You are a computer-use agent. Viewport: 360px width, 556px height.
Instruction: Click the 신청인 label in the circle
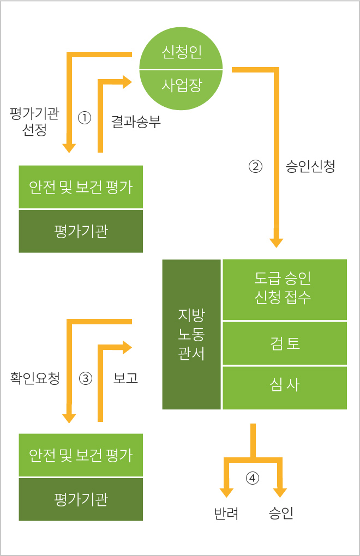(182, 52)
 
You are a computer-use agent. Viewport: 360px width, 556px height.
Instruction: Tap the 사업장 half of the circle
(181, 89)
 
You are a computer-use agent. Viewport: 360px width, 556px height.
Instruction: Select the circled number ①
(85, 118)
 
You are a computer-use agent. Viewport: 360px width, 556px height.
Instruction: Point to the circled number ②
(255, 166)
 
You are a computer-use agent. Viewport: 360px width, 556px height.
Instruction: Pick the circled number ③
(86, 378)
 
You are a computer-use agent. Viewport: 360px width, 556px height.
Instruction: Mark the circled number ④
(252, 479)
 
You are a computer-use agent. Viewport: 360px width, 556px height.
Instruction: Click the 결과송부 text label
(136, 121)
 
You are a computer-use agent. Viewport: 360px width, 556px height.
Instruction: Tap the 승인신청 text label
(310, 166)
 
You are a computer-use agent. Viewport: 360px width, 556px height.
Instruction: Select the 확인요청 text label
(35, 378)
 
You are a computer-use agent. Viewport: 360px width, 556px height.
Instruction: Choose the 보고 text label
(125, 378)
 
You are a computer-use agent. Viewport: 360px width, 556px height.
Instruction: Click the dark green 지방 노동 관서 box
(191, 334)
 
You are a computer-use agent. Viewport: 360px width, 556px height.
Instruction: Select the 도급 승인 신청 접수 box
(285, 289)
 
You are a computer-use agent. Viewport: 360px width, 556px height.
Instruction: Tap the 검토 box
(285, 343)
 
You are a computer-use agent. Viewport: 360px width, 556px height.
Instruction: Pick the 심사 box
(285, 388)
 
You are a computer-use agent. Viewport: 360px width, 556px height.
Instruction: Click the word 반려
(226, 513)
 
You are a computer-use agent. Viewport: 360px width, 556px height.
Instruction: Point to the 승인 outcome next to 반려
(281, 513)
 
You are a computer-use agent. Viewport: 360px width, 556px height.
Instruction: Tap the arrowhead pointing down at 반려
(226, 493)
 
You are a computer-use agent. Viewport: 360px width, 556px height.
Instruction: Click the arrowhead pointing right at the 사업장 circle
(127, 82)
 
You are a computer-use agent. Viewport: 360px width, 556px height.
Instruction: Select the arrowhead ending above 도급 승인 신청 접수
(277, 243)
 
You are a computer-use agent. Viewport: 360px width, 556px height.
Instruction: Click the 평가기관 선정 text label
(34, 121)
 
